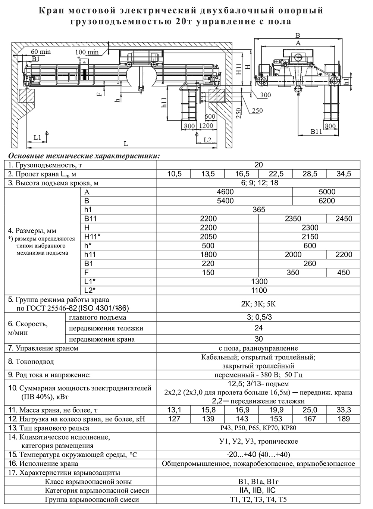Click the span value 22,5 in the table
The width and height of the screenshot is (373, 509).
pos(276,174)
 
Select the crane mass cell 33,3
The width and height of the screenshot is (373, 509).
pos(344,410)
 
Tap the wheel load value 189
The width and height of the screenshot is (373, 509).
pos(344,419)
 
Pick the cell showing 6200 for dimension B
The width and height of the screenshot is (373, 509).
pos(326,201)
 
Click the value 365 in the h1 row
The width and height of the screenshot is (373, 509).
pos(258,210)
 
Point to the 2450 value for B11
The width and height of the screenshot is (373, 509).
pos(344,219)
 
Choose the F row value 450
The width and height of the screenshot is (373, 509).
pos(344,273)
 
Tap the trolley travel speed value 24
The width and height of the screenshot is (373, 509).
pos(258,328)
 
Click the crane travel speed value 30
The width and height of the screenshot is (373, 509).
pos(258,339)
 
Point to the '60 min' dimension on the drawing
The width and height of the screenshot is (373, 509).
pos(41,52)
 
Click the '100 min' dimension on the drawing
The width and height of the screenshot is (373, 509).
pos(87,52)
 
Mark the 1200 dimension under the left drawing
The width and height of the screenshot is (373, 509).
pos(206,126)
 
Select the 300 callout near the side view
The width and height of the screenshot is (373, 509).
pos(265,95)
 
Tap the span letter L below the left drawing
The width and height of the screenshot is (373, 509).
pos(126,144)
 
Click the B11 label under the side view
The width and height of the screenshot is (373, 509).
pos(316,132)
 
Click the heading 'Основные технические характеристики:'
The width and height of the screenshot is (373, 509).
pos(84,155)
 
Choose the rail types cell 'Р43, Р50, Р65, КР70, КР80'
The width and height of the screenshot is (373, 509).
pos(258,428)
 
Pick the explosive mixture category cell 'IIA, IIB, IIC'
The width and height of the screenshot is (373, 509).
pos(258,491)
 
